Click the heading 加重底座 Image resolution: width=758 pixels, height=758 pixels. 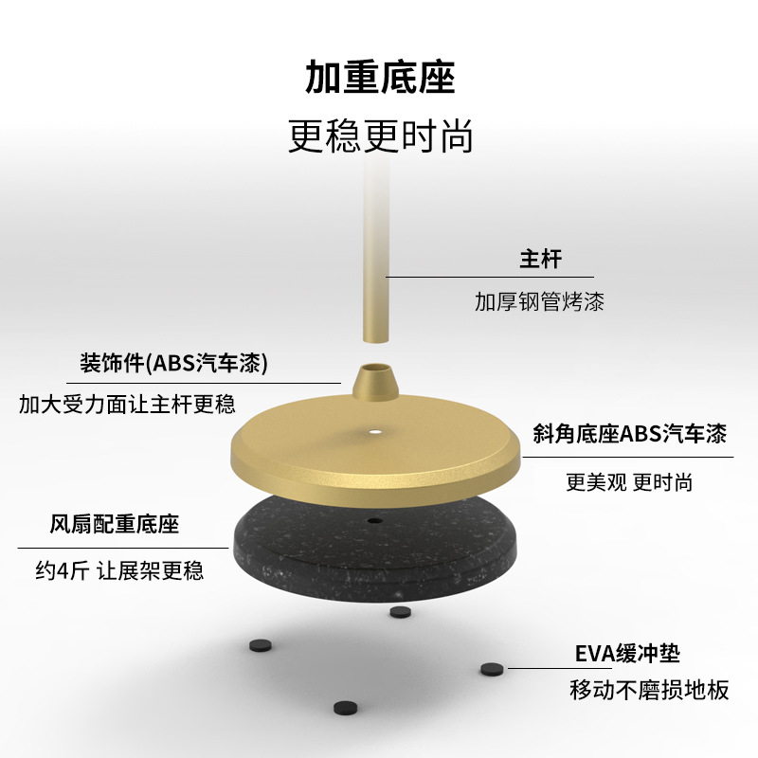[x=380, y=77]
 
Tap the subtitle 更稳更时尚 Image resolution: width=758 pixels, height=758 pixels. [x=380, y=135]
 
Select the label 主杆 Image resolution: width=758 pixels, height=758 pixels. [x=540, y=258]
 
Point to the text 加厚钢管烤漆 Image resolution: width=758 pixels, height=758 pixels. [x=539, y=302]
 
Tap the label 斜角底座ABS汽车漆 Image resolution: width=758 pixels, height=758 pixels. [x=629, y=435]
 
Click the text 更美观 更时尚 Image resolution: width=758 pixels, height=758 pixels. [x=629, y=482]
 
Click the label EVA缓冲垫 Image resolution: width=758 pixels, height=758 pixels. [x=627, y=653]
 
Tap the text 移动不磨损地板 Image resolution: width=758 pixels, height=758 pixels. [x=650, y=690]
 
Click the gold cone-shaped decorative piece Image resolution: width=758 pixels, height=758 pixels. [x=376, y=384]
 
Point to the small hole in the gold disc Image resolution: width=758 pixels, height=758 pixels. [x=376, y=434]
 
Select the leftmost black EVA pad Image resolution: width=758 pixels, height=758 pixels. [x=260, y=645]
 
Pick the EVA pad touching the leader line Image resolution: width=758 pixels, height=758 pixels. [x=491, y=669]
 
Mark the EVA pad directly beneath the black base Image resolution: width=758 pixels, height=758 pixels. [x=399, y=612]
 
